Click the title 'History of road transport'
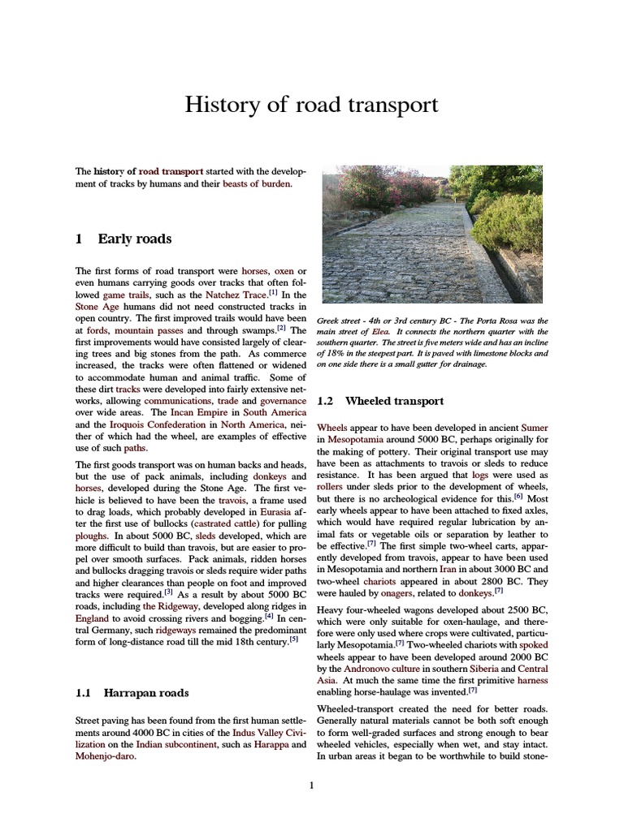click(x=311, y=105)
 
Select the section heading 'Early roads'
click(x=134, y=239)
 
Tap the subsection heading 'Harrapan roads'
click(x=143, y=693)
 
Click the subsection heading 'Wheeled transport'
click(x=394, y=401)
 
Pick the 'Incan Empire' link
click(x=199, y=411)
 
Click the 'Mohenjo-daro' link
click(x=106, y=756)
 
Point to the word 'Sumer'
click(x=535, y=428)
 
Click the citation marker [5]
click(x=295, y=639)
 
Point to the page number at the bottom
click(x=311, y=785)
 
